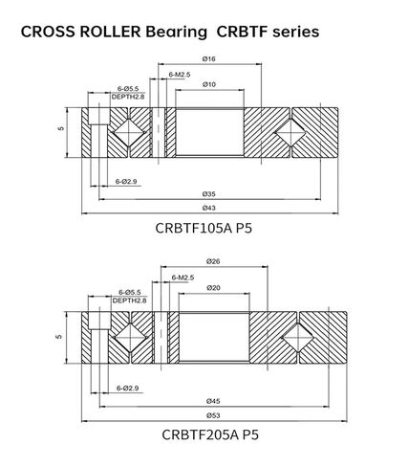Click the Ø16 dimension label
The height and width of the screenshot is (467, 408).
tap(209, 58)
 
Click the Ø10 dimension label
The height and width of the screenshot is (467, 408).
tap(209, 84)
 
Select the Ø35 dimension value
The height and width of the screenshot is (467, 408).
tap(209, 194)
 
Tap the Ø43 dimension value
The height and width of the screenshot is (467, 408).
tap(209, 208)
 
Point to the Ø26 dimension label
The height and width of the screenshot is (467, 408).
tap(213, 261)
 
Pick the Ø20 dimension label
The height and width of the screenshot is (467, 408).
tap(213, 287)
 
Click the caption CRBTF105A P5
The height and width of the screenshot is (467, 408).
tap(209, 229)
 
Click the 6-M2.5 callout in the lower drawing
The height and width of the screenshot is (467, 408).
tap(182, 278)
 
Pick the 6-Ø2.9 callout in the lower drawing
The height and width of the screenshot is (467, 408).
tap(128, 388)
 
